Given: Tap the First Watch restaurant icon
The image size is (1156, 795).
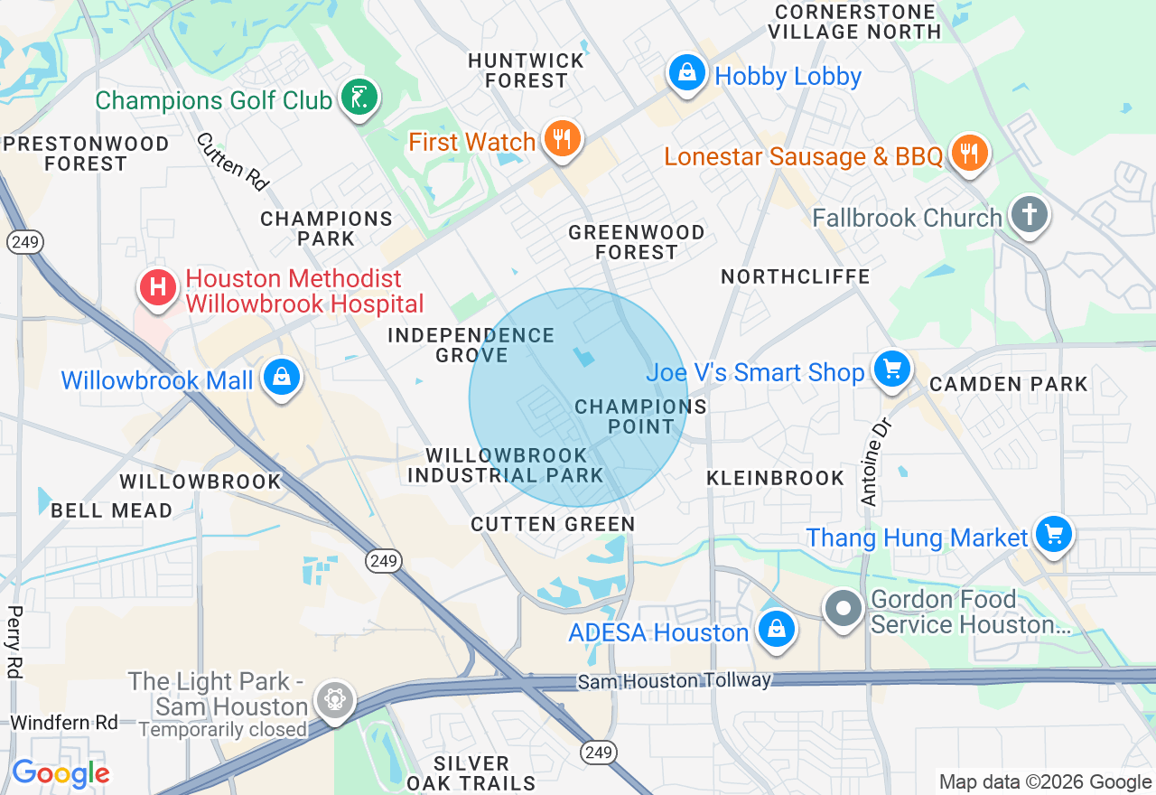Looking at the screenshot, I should [562, 140].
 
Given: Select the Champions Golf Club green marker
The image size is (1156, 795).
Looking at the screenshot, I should [359, 98].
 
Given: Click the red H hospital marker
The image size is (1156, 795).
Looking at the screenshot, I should [157, 288].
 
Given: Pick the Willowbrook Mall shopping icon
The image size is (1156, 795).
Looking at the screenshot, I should [281, 379].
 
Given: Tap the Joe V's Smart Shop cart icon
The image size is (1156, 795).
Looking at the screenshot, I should [891, 370].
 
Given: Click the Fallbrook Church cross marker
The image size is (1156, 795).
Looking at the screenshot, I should [1029, 216].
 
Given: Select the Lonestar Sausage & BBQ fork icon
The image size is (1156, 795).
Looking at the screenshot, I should [969, 154].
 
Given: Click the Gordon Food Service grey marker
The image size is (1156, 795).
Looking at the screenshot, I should [844, 610].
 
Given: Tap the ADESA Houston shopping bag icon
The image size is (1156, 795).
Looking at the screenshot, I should [775, 631].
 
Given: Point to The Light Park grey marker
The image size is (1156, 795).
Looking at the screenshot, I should [334, 699].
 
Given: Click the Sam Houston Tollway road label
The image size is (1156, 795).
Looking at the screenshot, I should [674, 680].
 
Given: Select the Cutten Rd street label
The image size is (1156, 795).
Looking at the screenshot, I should [233, 162].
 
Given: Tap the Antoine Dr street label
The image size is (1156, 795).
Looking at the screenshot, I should [873, 461].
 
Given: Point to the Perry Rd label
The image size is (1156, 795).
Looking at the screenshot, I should [14, 641].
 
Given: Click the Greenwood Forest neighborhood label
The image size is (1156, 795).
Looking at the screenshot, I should [636, 242].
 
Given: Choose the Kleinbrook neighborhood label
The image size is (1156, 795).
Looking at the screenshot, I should [775, 478].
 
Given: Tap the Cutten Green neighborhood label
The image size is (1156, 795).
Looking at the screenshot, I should [553, 524].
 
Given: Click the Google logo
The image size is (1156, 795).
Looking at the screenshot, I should [61, 773].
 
